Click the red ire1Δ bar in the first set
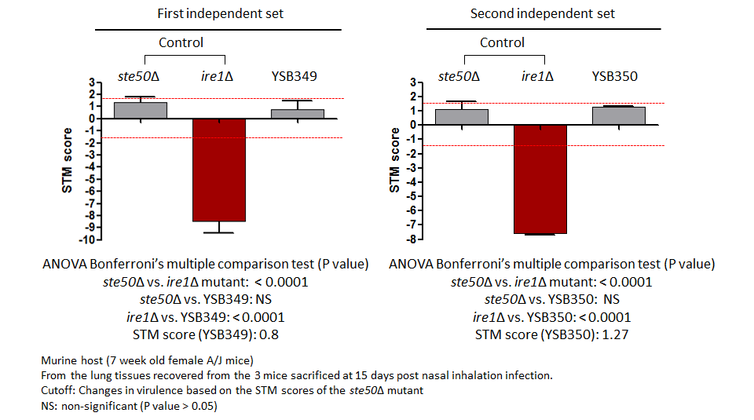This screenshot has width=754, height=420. (x=219, y=170)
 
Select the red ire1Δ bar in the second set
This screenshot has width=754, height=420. (x=540, y=179)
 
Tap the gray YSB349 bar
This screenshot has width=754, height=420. (x=297, y=114)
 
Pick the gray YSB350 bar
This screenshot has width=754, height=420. (x=618, y=116)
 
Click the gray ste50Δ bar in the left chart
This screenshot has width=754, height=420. (x=141, y=111)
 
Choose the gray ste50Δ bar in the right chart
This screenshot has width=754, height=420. (x=462, y=117)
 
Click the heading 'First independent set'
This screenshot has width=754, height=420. (x=220, y=13)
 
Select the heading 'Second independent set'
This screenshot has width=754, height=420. (x=543, y=13)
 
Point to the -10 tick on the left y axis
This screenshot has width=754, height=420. (x=89, y=239)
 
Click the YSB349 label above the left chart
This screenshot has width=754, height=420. (x=294, y=76)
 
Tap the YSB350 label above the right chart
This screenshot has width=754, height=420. (x=614, y=76)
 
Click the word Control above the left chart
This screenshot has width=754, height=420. (x=181, y=42)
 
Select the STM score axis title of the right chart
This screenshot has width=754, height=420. (x=394, y=160)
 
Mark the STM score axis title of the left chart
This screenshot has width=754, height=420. (x=67, y=160)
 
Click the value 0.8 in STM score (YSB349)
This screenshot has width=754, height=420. (x=269, y=334)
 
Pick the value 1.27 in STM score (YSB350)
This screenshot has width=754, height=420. (x=615, y=334)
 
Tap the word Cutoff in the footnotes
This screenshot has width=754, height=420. (x=57, y=390)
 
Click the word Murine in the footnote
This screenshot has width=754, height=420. (x=60, y=360)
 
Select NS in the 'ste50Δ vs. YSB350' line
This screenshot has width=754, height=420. (x=611, y=299)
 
